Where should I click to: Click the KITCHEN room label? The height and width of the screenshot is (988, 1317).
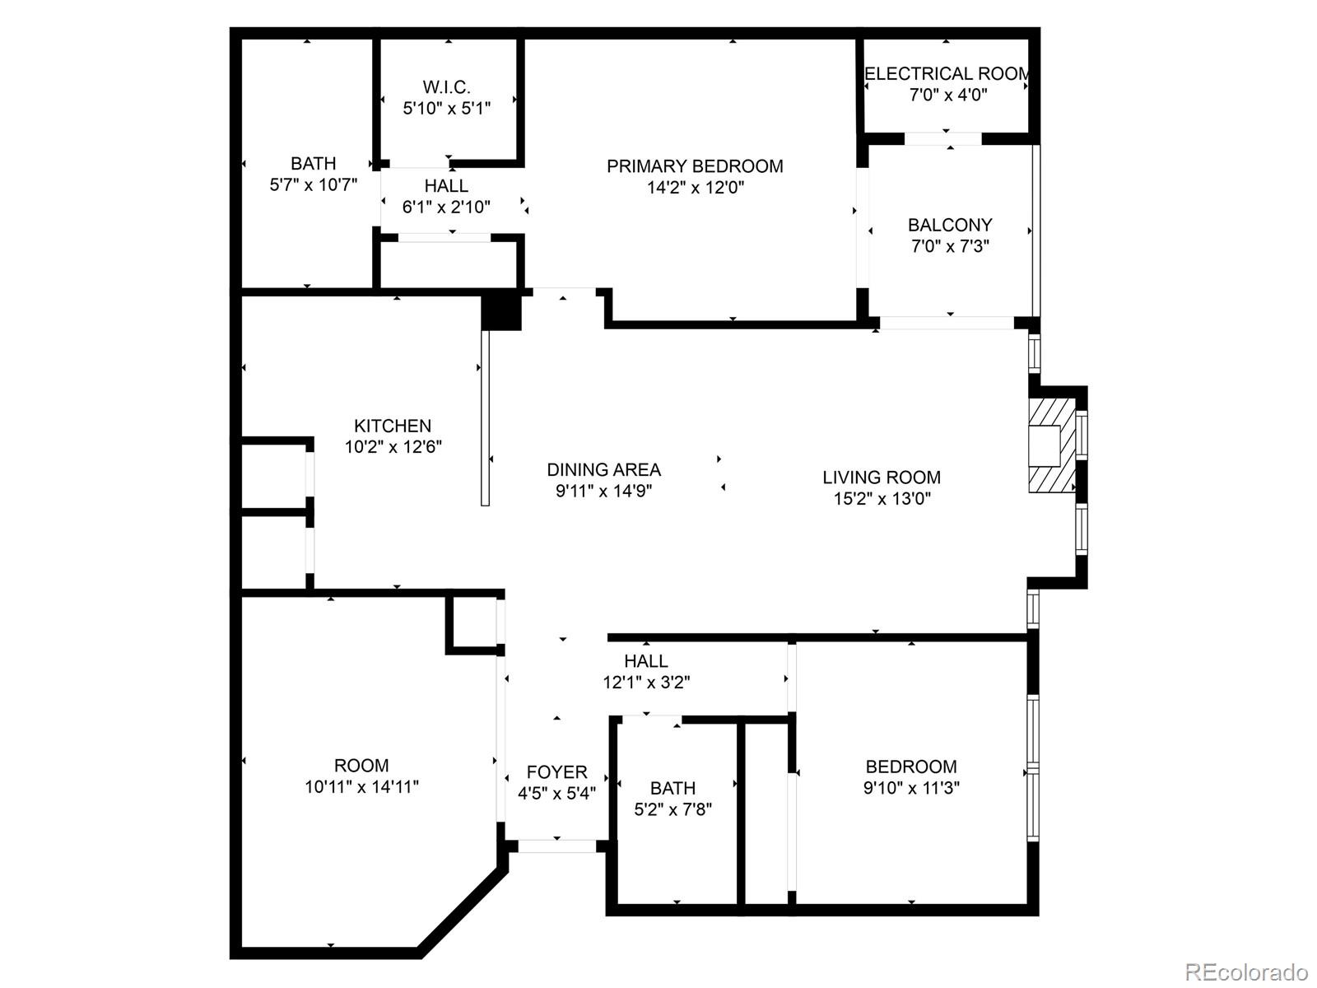pyautogui.click(x=393, y=426)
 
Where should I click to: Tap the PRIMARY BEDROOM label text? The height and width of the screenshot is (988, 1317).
pyautogui.click(x=695, y=166)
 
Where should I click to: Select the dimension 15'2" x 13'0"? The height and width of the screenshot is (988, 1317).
pyautogui.click(x=882, y=498)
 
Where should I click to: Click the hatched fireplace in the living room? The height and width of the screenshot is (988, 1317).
pyautogui.click(x=1051, y=446)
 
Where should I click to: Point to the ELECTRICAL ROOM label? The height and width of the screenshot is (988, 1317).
pyautogui.click(x=947, y=74)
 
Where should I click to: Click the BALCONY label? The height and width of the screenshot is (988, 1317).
pyautogui.click(x=950, y=225)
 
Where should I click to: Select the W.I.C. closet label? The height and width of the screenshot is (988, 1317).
pyautogui.click(x=447, y=87)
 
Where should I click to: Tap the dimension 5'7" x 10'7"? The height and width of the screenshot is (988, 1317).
pyautogui.click(x=313, y=184)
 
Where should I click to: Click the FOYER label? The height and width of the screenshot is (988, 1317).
pyautogui.click(x=557, y=772)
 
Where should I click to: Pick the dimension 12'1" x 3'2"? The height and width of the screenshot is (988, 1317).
pyautogui.click(x=646, y=682)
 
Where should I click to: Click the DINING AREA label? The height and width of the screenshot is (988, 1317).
pyautogui.click(x=603, y=470)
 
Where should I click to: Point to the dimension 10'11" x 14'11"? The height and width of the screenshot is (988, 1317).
pyautogui.click(x=361, y=786)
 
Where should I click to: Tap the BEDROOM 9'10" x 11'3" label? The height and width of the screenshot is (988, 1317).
pyautogui.click(x=911, y=767)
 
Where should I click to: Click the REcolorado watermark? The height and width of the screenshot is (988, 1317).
pyautogui.click(x=1246, y=972)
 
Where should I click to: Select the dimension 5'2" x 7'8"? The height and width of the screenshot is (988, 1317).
pyautogui.click(x=672, y=809)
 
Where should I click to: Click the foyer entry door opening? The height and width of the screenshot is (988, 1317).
pyautogui.click(x=557, y=846)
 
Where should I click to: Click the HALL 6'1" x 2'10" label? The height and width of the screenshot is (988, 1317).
pyautogui.click(x=446, y=186)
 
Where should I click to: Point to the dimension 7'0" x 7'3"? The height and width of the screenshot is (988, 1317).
pyautogui.click(x=950, y=246)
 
